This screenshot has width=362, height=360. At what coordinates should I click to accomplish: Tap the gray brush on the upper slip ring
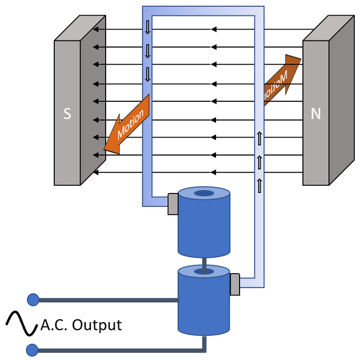tap(172, 204)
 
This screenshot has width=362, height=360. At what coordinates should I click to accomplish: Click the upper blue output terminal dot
tap(33, 299)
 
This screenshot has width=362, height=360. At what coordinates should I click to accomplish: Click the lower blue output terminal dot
tap(33, 349)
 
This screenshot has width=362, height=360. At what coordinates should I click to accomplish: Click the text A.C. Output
tap(81, 326)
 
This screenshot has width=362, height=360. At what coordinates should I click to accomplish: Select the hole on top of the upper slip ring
tap(205, 194)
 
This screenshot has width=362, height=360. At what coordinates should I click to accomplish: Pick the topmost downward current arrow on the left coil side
tap(147, 28)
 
